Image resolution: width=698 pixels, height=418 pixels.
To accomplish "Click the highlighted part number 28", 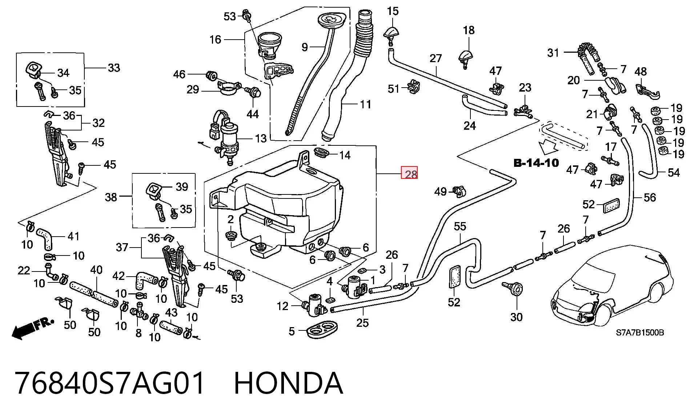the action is click(409, 173).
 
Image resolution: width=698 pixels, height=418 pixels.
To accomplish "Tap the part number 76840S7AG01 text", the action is click(110, 383).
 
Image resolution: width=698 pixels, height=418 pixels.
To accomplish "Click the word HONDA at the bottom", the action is click(288, 383).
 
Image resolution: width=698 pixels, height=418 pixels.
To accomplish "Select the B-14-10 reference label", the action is click(536, 163).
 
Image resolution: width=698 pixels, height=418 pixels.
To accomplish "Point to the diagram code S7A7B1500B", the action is click(639, 333).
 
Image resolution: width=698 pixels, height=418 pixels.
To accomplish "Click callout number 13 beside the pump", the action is click(261, 138).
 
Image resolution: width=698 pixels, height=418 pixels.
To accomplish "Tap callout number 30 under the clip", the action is click(516, 317).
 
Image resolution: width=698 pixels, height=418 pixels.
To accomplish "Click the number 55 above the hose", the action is click(460, 226).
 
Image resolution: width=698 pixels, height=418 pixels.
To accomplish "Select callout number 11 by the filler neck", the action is click(365, 105).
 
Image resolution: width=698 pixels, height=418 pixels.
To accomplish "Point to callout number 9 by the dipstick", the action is click(305, 47).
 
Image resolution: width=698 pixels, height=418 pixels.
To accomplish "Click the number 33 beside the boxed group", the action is click(114, 68).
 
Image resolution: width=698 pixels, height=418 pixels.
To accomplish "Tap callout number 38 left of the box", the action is click(111, 197).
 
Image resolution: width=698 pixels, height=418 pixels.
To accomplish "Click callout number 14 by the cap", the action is click(345, 156).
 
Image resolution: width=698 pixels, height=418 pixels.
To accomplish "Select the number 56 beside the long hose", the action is click(650, 198).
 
